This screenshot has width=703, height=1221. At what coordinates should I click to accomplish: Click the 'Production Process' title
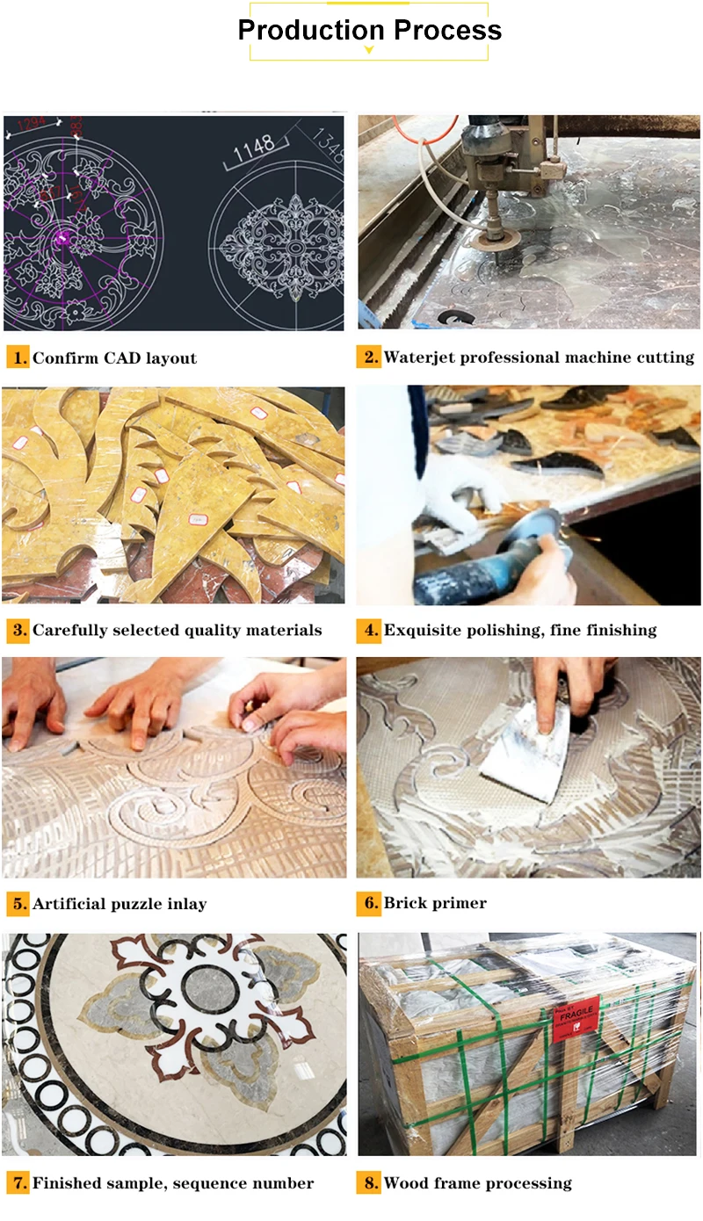pos(369,30)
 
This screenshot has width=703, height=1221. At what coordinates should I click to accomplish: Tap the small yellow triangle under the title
pos(369,51)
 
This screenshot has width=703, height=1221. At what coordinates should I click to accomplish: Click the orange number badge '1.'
pos(18,358)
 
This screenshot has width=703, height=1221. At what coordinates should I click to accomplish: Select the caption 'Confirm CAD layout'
pos(114,358)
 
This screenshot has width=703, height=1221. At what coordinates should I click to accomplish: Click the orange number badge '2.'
pos(369,357)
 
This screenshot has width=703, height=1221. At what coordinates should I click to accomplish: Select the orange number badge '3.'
pos(18,630)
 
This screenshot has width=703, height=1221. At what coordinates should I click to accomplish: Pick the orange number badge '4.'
pos(369,630)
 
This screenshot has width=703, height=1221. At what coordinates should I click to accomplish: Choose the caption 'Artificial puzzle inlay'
pos(120,903)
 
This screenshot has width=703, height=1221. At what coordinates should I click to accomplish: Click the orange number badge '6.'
pos(369,903)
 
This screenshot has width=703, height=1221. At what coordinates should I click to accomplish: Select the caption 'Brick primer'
pos(435,903)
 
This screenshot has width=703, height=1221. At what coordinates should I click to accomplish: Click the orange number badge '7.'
pos(18,1183)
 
